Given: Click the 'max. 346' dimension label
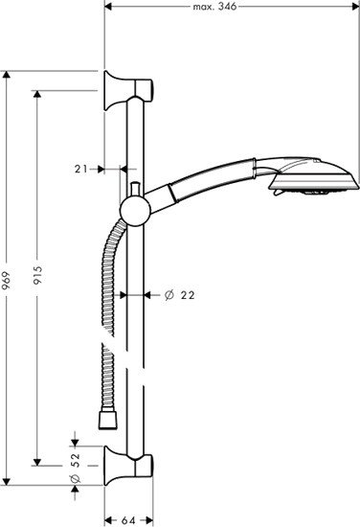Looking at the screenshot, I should coord(214,6).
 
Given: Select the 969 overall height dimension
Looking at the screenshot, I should coord(9,279).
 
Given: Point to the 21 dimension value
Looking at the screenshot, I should coord(80,169).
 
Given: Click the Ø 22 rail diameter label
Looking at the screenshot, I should coord(179,295).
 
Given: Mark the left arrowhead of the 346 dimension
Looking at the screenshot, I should coord(107,6).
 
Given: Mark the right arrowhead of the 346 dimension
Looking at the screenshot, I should coord(353,6).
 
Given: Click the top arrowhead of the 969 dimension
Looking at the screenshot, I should coord(9,73).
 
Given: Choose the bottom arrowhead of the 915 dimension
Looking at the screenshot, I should coord(39,463).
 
